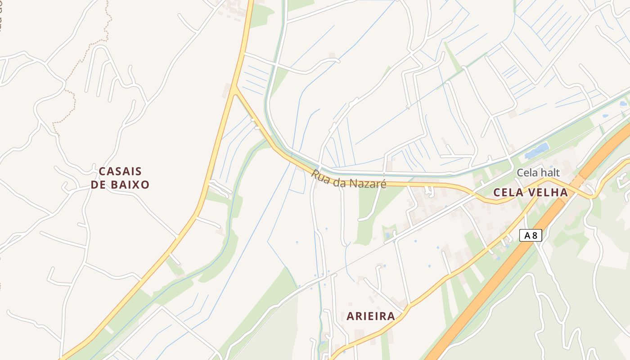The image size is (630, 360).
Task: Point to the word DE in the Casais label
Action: [98, 184]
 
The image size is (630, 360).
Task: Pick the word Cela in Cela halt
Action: [527, 172]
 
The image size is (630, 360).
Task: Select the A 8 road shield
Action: [531, 235]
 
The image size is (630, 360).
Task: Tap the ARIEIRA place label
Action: [371, 316]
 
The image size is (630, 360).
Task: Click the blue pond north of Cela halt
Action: [536, 150]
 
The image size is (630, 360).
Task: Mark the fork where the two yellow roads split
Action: [234, 88]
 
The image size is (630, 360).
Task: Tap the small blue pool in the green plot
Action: [387, 235]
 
